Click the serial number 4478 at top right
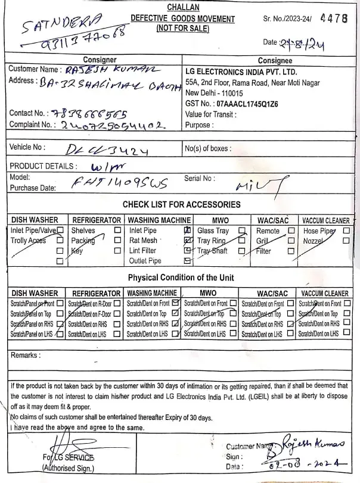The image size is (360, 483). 333,18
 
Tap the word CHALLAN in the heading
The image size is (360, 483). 183,8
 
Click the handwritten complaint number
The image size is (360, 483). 110,125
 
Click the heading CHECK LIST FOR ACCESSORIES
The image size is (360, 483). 181,204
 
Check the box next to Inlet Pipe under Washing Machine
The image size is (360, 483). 187,230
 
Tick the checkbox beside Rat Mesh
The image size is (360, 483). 187,240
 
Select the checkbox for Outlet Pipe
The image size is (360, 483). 187,260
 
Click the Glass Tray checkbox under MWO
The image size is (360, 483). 241,230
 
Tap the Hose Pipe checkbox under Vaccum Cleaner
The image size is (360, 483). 346,230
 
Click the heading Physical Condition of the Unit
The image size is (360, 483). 181,278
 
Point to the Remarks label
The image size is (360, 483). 26,356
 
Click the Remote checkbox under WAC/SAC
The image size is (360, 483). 291,230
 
